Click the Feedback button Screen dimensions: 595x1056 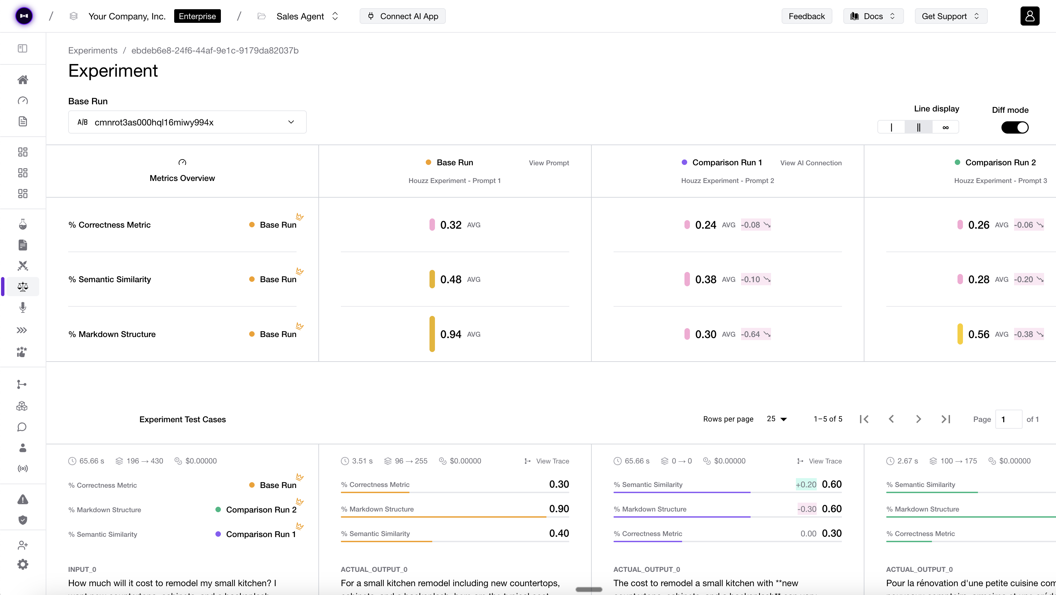(x=806, y=16)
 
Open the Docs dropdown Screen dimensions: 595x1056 (x=873, y=16)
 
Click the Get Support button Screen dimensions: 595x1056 (x=951, y=16)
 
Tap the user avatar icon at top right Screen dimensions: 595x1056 (x=1029, y=16)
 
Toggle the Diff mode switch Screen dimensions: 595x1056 (x=1015, y=127)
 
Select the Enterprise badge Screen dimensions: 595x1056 (x=197, y=16)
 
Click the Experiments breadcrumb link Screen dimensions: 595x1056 (x=93, y=50)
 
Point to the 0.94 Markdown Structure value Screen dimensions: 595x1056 (x=451, y=334)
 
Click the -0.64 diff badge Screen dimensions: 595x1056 (x=755, y=334)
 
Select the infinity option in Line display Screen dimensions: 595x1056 (x=945, y=127)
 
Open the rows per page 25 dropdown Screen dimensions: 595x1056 (x=776, y=419)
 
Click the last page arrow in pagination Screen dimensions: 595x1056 (x=945, y=419)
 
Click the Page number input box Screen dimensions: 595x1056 (x=1008, y=419)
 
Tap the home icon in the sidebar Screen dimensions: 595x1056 (x=23, y=79)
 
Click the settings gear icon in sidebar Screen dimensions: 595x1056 (x=23, y=564)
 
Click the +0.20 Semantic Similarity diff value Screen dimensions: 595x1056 (x=805, y=484)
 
